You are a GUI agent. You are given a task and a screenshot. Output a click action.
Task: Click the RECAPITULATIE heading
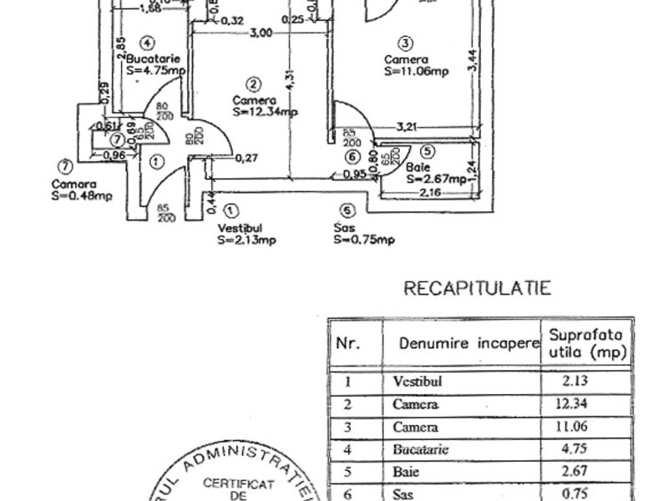click(477, 289)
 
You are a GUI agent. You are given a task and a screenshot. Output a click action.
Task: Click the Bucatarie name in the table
click(421, 448)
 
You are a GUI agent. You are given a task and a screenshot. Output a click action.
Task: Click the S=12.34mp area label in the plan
click(266, 110)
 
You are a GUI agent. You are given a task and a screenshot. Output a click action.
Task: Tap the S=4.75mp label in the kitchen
click(155, 71)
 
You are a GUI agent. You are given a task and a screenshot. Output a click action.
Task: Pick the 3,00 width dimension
click(261, 33)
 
